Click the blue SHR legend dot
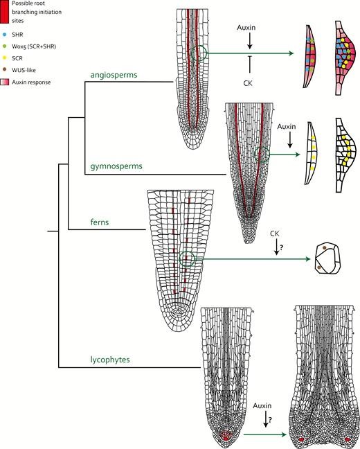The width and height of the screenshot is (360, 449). [x=4, y=35]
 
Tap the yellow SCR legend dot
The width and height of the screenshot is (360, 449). [x=4, y=58]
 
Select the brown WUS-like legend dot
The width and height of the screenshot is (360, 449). [x=4, y=69]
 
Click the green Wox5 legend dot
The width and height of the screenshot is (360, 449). [x=4, y=46]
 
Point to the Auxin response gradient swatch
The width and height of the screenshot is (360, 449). [x=5, y=82]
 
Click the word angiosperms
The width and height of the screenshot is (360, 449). [x=114, y=75]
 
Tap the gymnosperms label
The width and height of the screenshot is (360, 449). [x=116, y=166]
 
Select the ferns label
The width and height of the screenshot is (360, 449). [x=100, y=222]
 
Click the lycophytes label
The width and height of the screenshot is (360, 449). [x=110, y=360]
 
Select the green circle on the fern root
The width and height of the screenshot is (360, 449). [x=179, y=259]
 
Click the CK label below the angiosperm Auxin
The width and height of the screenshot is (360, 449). [x=248, y=83]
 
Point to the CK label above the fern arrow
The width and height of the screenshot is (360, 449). [x=275, y=234]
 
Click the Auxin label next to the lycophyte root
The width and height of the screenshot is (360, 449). [x=262, y=406]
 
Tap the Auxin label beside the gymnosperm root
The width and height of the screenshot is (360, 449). [x=287, y=127]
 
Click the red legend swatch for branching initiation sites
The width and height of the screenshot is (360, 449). [x=5, y=12]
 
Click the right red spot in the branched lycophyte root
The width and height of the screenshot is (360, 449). [x=348, y=439]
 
